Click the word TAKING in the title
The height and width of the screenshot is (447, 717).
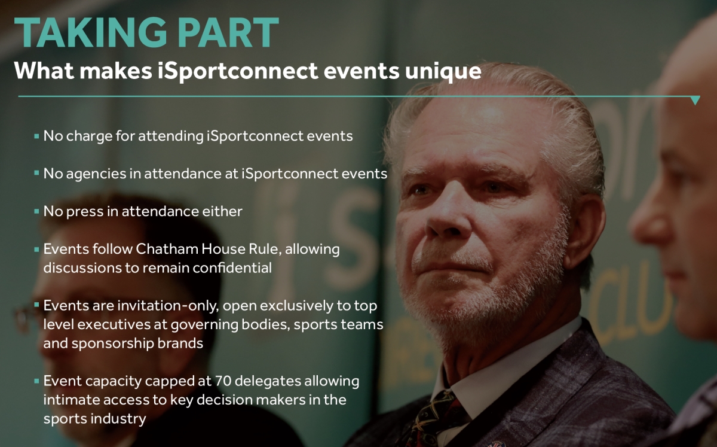coord(90,32)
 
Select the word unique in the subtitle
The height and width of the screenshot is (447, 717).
coord(443,71)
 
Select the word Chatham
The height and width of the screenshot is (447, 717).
coord(166,249)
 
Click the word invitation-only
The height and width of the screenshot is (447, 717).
coord(168,306)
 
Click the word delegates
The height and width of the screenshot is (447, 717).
coord(268,382)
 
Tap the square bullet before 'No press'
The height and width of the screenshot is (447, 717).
coord(36,211)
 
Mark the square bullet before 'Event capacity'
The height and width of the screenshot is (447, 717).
coord(36,381)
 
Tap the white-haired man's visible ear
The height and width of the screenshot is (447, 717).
coord(583,231)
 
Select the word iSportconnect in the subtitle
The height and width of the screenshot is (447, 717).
coord(238,71)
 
